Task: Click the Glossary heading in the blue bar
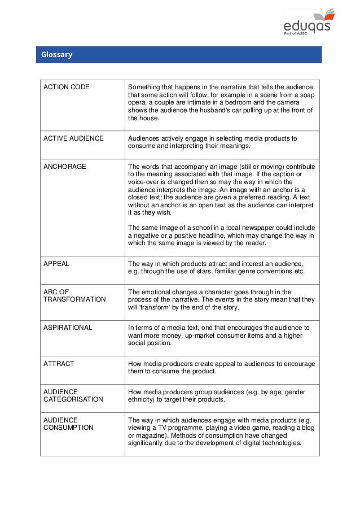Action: pos(56,55)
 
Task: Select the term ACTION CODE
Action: pos(67,88)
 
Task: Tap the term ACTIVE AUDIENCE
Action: pos(73,138)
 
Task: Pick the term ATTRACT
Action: pos(59,364)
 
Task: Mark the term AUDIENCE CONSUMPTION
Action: pos(68,424)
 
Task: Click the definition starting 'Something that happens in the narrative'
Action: pos(221,103)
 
